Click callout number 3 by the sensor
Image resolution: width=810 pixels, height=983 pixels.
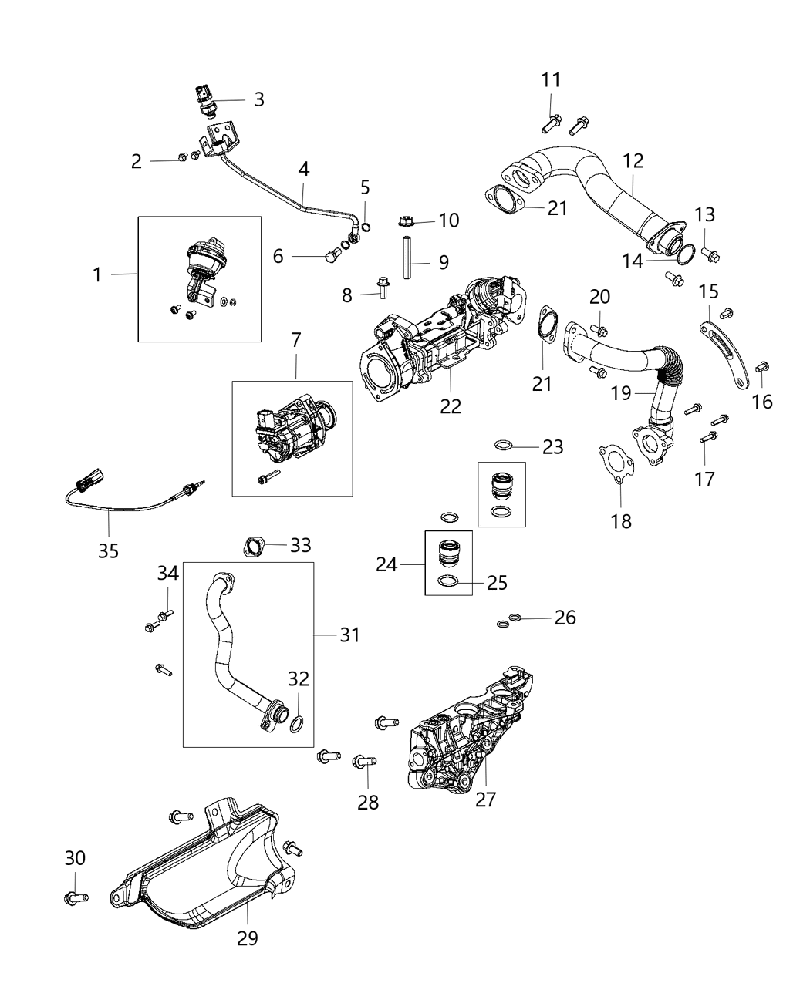pos(259,99)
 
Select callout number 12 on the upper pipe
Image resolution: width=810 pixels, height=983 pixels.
pos(633,161)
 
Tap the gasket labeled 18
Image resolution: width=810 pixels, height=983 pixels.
pos(615,464)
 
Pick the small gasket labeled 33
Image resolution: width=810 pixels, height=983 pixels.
pos(251,547)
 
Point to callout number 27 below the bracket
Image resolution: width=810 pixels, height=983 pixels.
pos(484,800)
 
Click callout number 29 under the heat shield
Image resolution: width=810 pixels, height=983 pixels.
pos(248,938)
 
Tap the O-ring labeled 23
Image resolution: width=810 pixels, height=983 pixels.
pos(503,446)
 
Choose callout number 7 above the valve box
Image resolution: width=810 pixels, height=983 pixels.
pos(297,339)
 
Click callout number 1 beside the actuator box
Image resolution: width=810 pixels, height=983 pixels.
pos(97,274)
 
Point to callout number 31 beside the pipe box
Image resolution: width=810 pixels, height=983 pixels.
pos(349,635)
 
